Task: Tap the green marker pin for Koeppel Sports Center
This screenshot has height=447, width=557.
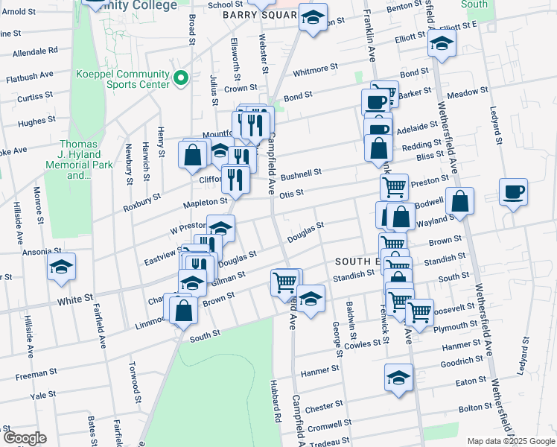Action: (179, 78)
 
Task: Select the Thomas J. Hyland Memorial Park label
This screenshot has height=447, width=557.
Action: (79, 160)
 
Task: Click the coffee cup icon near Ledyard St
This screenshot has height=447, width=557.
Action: (513, 192)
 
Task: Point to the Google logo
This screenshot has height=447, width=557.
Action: (24, 438)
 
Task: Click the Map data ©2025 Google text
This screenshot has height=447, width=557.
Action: (511, 440)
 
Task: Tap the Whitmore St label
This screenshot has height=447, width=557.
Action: (315, 69)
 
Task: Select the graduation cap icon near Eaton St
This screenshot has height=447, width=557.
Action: (398, 378)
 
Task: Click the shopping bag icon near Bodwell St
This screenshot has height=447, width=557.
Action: (461, 200)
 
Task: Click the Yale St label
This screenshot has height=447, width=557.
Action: (44, 395)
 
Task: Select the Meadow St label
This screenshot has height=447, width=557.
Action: (467, 92)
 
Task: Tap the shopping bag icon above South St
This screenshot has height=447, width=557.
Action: (182, 311)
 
